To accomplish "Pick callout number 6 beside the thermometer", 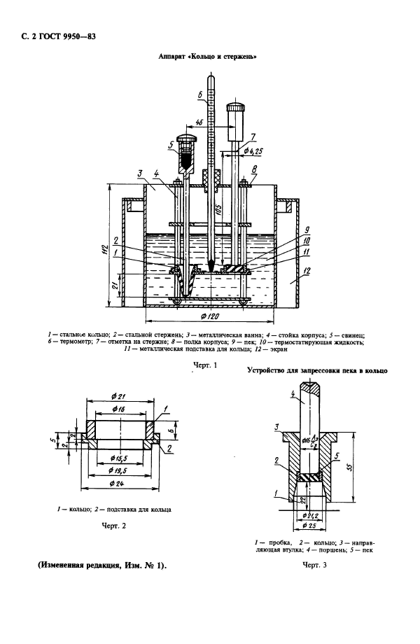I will coord(201,93).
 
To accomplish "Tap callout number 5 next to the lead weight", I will coord(171,146).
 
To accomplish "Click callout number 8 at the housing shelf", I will coord(253,168).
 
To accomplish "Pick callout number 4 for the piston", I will coord(291,395).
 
